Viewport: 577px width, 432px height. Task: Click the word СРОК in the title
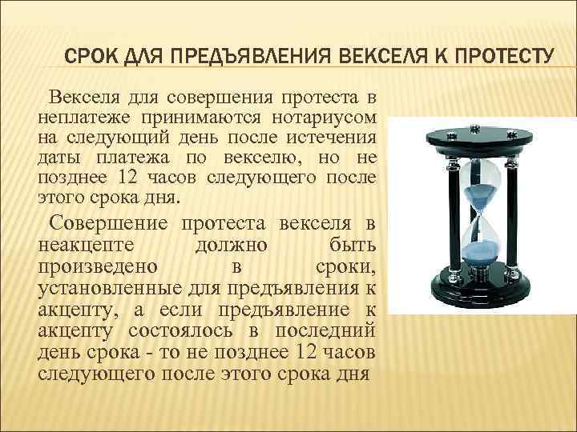pyautogui.click(x=86, y=58)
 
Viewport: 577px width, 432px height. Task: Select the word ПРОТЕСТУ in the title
pyautogui.click(x=498, y=58)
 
